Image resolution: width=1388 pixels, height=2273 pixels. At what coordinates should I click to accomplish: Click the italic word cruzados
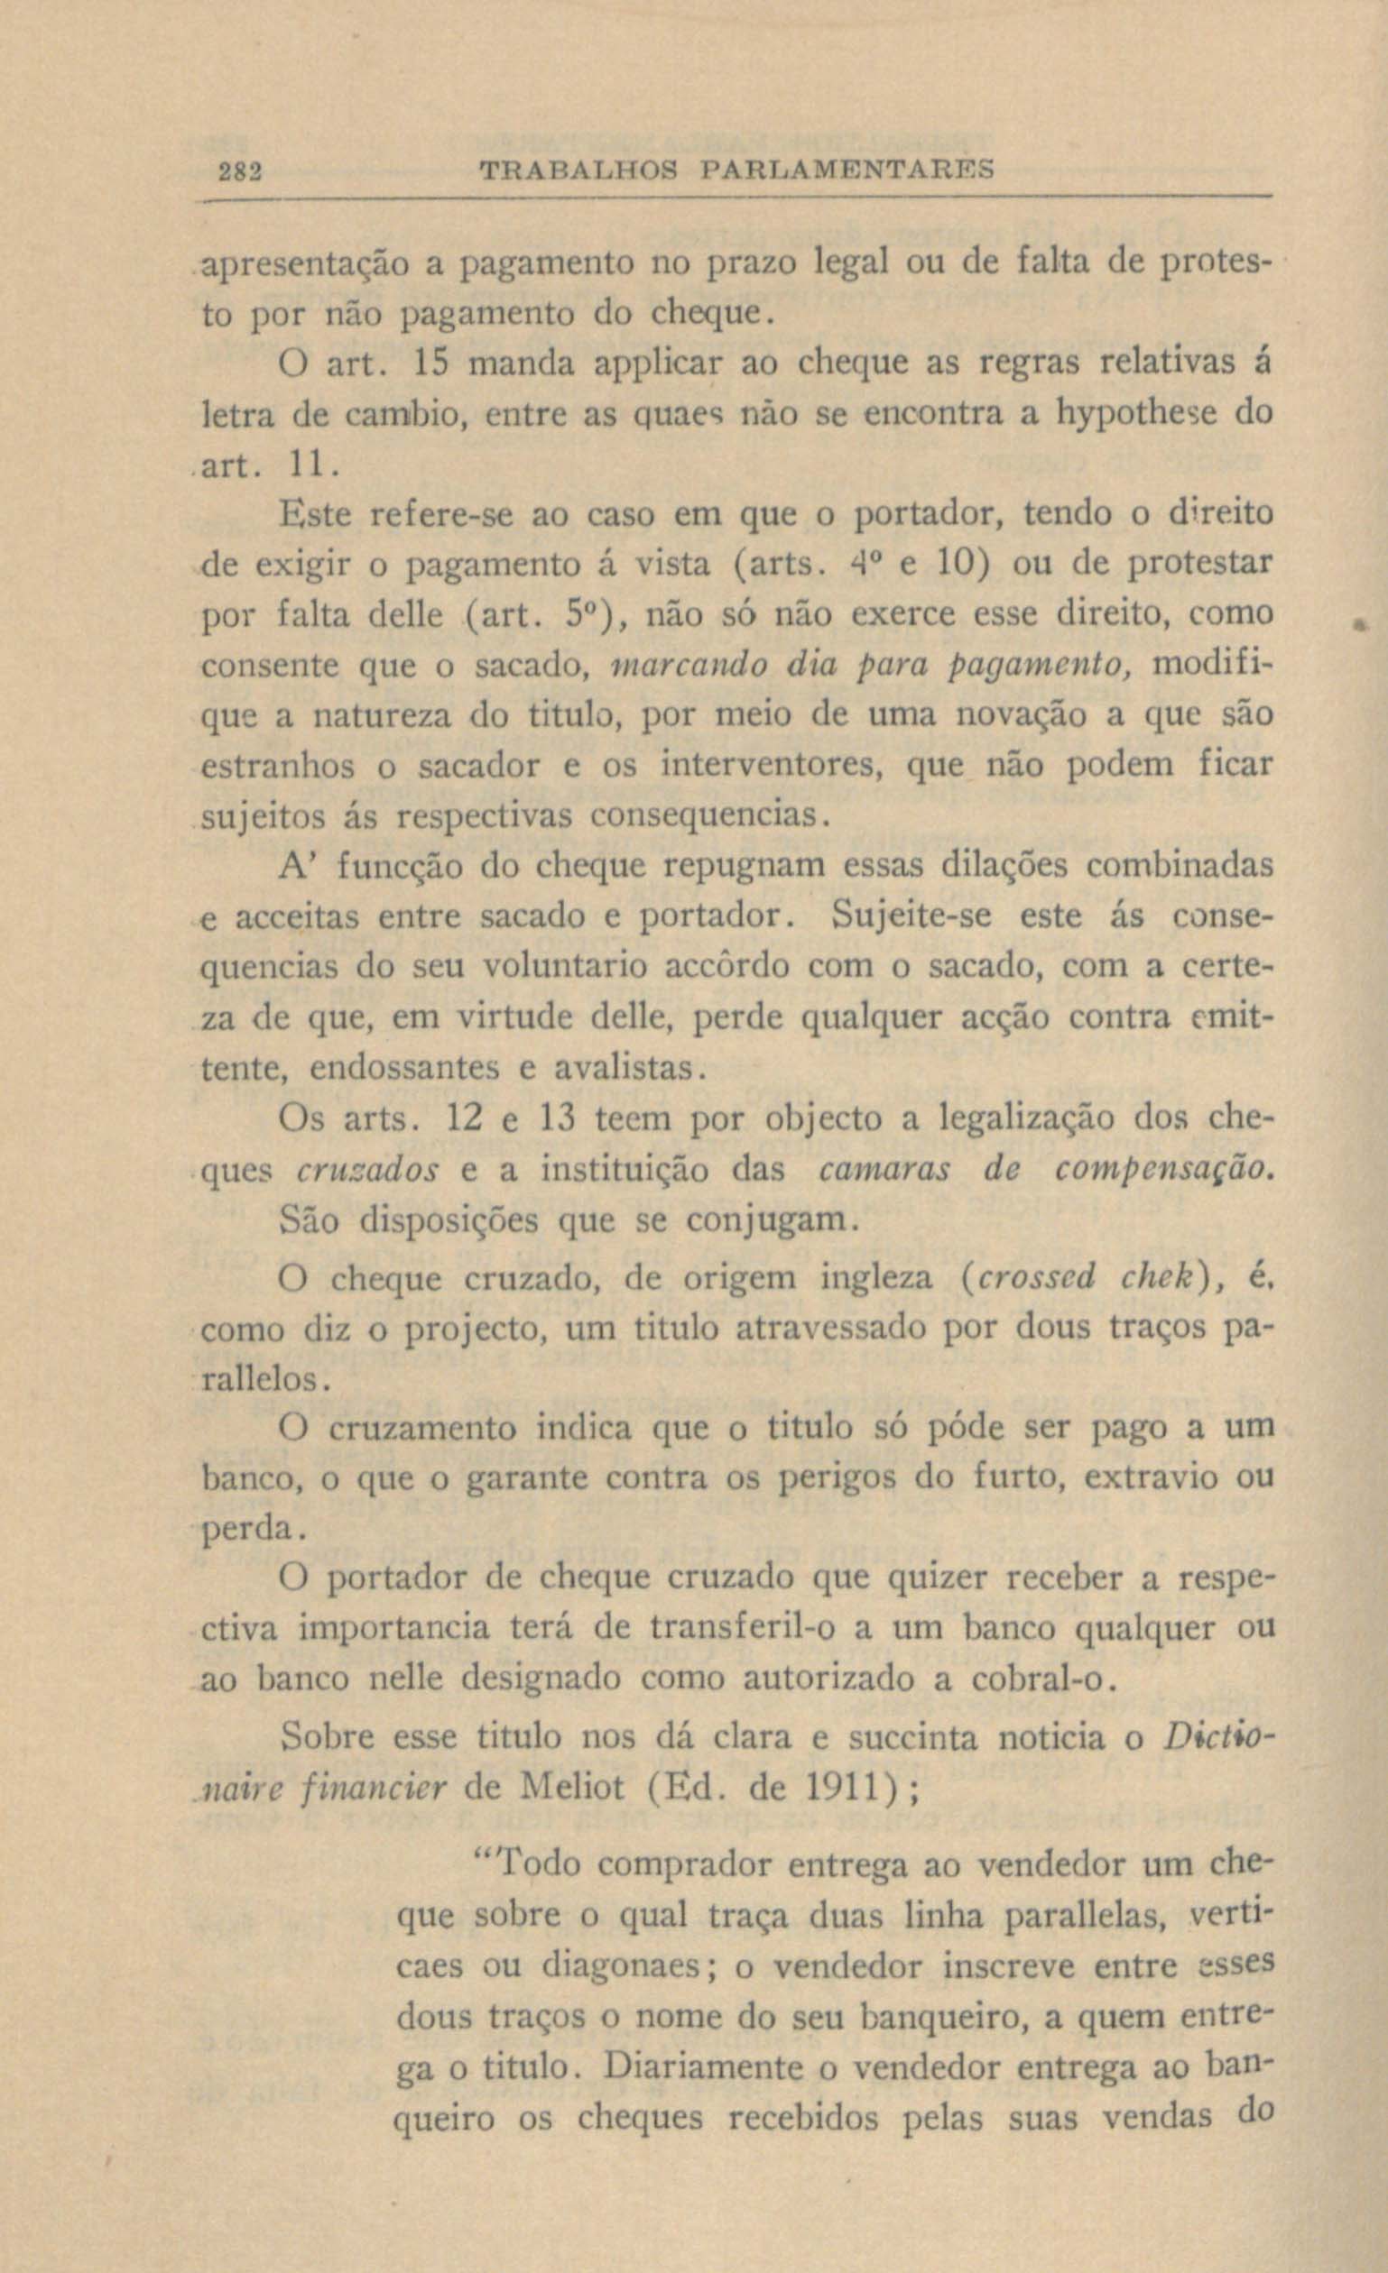tap(369, 1170)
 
